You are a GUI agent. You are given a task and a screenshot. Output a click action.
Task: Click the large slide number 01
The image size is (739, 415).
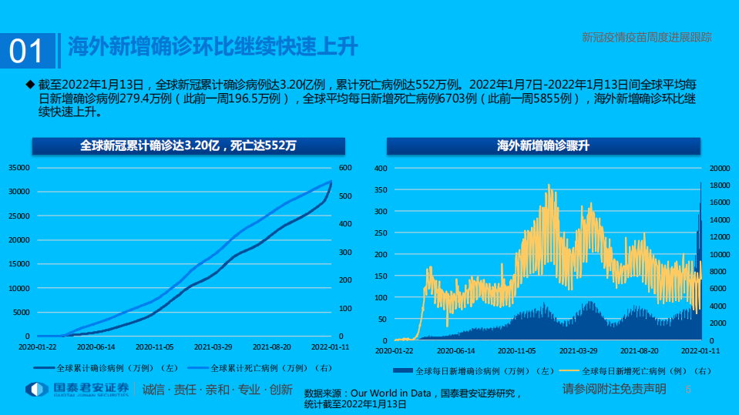point(26,51)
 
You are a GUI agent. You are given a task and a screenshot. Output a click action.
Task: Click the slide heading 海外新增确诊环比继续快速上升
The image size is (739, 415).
point(213,47)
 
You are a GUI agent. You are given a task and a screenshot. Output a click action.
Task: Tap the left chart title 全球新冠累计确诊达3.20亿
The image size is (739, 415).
point(188,145)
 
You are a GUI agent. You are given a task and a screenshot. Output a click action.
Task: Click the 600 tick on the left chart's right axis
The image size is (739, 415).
point(344,168)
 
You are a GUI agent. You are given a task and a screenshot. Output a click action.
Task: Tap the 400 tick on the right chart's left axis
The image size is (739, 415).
point(379,168)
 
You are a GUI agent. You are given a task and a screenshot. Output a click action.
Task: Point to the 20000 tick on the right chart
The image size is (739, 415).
point(718,168)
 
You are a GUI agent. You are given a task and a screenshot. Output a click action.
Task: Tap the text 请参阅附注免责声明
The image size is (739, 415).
point(613,389)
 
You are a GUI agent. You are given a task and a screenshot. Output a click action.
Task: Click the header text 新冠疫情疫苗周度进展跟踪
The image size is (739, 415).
point(646,36)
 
